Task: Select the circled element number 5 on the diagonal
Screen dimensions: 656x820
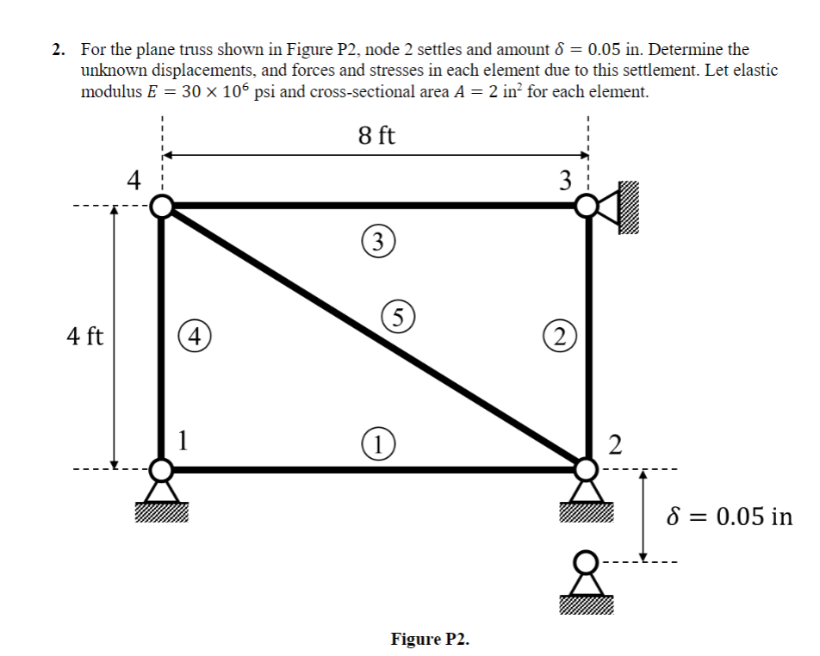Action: click(x=397, y=315)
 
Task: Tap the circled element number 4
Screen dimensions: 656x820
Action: click(x=193, y=336)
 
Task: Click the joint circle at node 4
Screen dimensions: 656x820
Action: click(x=161, y=206)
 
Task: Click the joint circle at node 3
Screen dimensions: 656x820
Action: click(x=587, y=206)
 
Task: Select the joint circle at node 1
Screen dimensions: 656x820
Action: click(x=161, y=469)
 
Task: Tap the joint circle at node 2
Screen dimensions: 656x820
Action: click(x=587, y=469)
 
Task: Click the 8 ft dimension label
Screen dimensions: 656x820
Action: click(x=376, y=135)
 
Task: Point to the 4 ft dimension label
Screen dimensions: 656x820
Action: click(x=84, y=337)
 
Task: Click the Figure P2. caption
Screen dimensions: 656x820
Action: click(x=430, y=639)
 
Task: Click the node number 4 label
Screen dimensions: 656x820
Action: click(x=132, y=179)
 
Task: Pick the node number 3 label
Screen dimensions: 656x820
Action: click(x=565, y=179)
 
